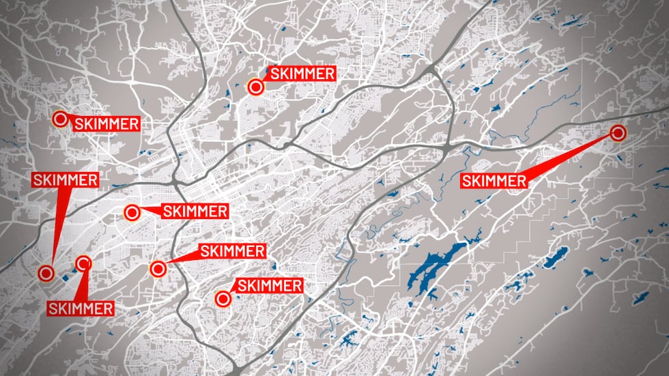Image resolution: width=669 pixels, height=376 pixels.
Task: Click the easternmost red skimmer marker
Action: pos(618,133)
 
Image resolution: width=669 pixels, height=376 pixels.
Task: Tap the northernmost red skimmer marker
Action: pos(255,87)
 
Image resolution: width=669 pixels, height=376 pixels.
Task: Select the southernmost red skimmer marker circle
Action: pos(222,298)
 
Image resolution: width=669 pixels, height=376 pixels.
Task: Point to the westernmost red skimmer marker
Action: pos(46,273)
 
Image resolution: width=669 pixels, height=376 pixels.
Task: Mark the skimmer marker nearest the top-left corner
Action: pos(60,119)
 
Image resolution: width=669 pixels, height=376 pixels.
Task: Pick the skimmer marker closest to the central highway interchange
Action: pos(132,212)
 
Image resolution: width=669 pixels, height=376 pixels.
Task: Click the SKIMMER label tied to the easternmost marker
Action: pos(494,181)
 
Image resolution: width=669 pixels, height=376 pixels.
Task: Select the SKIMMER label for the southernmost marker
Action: pos(268,285)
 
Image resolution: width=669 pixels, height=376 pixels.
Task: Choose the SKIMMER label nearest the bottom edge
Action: pos(81,308)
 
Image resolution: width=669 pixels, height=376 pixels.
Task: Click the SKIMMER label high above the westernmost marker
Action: pos(65,180)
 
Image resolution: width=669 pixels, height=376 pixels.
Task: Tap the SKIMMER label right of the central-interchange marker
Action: pos(195,211)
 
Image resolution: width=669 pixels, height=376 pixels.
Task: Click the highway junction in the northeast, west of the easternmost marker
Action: pos(447,147)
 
